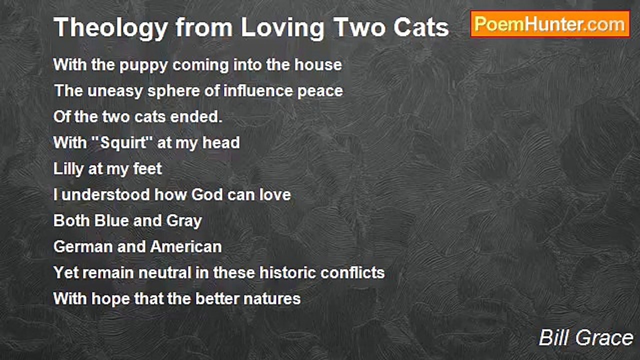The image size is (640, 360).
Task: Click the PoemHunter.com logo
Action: [x=550, y=24]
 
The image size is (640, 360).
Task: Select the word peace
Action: [x=321, y=91]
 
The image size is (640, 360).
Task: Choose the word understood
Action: [x=106, y=194]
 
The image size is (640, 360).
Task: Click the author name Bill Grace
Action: [x=586, y=338]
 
